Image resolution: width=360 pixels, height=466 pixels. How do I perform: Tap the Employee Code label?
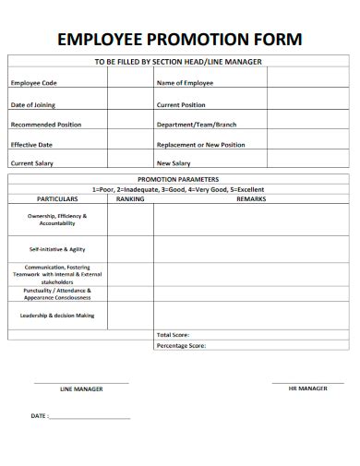click(x=33, y=83)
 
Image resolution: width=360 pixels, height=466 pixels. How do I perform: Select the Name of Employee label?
click(x=185, y=83)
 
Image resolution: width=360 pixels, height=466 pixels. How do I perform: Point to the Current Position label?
click(x=181, y=104)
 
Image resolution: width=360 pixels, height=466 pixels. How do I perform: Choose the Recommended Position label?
click(x=45, y=124)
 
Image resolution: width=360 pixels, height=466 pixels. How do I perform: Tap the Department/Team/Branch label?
click(x=197, y=124)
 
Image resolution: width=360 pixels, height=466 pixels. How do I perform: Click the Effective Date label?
click(x=31, y=144)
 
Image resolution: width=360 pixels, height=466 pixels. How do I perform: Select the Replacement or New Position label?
click(x=201, y=144)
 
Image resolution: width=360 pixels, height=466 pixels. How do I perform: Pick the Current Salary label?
click(x=31, y=163)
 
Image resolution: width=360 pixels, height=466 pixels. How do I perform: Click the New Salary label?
click(x=174, y=163)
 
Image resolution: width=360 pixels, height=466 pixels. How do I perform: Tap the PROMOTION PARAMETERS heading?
click(x=178, y=179)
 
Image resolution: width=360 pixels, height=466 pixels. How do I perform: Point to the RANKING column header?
click(x=130, y=198)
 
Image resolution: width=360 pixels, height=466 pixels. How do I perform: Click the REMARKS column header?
click(x=251, y=198)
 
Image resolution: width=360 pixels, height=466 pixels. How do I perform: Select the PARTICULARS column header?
click(x=56, y=198)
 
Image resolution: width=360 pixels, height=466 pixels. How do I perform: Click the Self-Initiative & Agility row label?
click(x=57, y=249)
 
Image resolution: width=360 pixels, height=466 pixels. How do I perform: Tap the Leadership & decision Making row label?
click(x=57, y=316)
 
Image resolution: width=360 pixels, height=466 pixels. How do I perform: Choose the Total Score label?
click(x=173, y=334)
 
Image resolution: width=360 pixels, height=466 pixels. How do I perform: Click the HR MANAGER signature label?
click(x=308, y=388)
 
